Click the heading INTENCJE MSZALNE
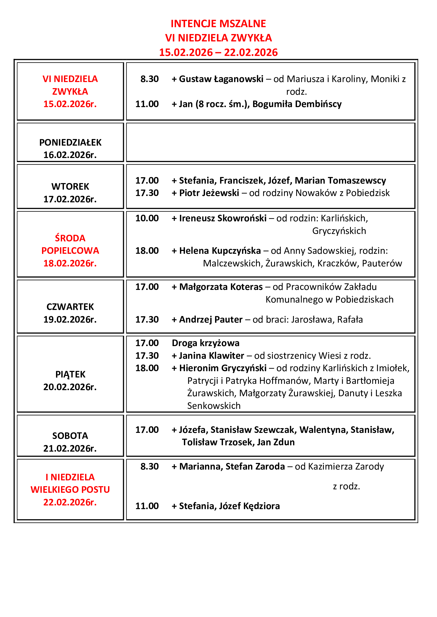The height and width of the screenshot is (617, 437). (218, 24)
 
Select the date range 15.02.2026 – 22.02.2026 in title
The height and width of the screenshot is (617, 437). (218, 52)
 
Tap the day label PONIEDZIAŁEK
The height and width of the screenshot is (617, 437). (70, 142)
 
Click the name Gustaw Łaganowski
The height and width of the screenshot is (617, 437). (221, 79)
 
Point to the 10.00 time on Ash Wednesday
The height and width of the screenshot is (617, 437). (147, 218)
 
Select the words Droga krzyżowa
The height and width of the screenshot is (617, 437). (206, 343)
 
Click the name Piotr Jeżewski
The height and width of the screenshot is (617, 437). (209, 193)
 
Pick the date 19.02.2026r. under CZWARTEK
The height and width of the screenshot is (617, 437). (70, 319)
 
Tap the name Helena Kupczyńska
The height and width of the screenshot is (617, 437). (220, 251)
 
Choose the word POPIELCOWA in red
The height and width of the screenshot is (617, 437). (70, 251)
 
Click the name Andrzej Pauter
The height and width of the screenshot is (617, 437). (211, 319)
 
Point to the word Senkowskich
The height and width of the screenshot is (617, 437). (214, 406)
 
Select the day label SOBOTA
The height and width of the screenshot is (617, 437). (70, 436)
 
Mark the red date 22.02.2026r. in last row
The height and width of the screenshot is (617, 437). (70, 502)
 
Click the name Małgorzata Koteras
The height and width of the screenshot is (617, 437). (221, 287)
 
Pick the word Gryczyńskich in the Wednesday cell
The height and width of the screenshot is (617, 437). (339, 231)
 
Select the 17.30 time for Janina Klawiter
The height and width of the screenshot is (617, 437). (147, 356)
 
